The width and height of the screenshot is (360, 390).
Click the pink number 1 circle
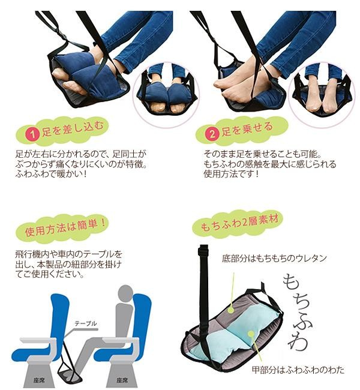tap(33, 134)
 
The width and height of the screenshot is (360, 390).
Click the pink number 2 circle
tap(212, 134)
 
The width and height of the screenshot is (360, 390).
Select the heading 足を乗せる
tap(247, 130)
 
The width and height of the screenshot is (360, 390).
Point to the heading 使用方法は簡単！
tap(65, 227)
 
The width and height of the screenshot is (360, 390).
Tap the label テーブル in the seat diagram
tap(86, 323)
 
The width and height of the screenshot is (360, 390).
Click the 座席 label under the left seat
tap(40, 380)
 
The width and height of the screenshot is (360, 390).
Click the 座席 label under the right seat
tap(122, 380)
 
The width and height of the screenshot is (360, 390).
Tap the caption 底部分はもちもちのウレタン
tap(274, 259)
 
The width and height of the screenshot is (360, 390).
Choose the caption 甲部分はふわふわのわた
tap(298, 370)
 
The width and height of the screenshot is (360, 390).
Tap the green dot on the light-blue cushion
tap(251, 334)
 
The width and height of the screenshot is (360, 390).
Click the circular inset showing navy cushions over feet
tap(166, 95)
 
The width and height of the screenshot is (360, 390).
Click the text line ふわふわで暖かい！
tap(52, 174)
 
